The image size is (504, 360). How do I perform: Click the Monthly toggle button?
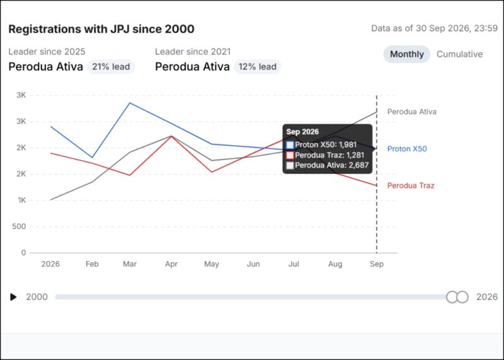pos(406,54)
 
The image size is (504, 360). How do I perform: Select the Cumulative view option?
pos(459,54)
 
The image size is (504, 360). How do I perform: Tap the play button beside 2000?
pos(13,296)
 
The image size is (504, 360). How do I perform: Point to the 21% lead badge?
pos(111,67)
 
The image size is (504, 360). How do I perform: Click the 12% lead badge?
pos(258,67)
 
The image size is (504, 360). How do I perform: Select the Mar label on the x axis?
pos(130,264)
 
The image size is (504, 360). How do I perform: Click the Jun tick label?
pos(253,264)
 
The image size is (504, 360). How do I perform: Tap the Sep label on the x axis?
pos(377,264)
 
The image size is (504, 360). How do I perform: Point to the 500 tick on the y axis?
pos(19,226)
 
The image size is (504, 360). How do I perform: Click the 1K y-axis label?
pos(22,200)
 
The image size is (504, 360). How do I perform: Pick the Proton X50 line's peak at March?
pos(130,103)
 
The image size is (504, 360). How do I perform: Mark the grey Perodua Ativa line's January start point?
pos(51,200)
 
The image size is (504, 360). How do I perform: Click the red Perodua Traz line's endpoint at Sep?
pos(377,185)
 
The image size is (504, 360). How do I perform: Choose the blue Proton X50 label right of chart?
pos(407,149)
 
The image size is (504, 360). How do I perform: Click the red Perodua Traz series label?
pos(411,185)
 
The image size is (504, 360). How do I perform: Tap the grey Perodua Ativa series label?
pos(412,112)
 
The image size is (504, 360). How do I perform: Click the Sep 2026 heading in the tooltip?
pos(302,132)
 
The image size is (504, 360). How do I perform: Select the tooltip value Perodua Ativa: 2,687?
pos(332,165)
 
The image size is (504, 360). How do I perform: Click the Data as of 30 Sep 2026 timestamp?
pos(434,28)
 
